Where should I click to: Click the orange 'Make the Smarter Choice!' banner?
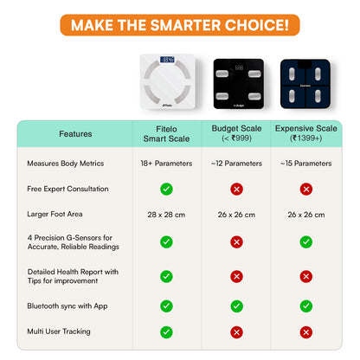[x=180, y=25]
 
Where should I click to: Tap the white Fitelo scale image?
[x=168, y=81]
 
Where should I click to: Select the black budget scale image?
[x=239, y=84]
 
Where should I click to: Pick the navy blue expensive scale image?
[x=305, y=84]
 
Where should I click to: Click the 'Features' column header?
[x=75, y=134]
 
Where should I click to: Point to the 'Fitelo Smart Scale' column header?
[x=166, y=134]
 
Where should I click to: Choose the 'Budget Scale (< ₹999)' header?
[x=236, y=133]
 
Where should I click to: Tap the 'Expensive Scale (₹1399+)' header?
[x=306, y=133]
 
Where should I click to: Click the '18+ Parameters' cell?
[x=166, y=164]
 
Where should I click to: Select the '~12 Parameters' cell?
[x=236, y=164]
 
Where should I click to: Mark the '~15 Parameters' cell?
[x=306, y=164]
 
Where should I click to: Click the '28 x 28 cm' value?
[x=166, y=215]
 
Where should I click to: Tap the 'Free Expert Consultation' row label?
[x=67, y=189]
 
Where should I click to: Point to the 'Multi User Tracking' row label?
[x=59, y=331]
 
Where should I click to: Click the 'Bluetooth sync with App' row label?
[x=67, y=306]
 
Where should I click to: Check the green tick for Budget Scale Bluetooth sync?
[x=236, y=306]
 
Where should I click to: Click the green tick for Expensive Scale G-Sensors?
[x=306, y=242]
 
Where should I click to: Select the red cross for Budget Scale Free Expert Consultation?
[x=236, y=190]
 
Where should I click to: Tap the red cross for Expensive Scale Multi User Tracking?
[x=306, y=332]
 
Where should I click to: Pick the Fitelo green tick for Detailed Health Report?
[x=166, y=276]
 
